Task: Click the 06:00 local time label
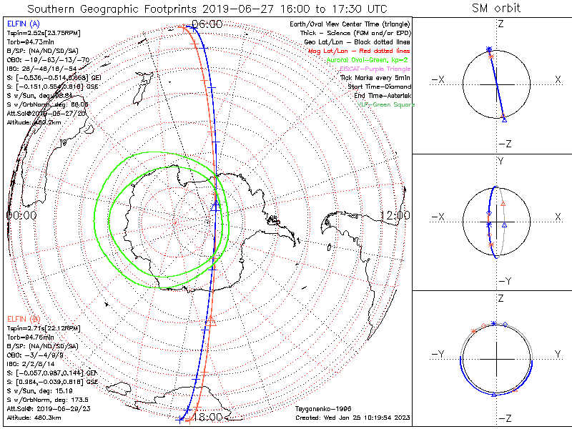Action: pos(207,24)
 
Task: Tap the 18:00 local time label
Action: pos(207,417)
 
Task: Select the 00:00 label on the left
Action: pos(21,215)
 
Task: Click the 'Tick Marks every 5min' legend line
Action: pos(377,77)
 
